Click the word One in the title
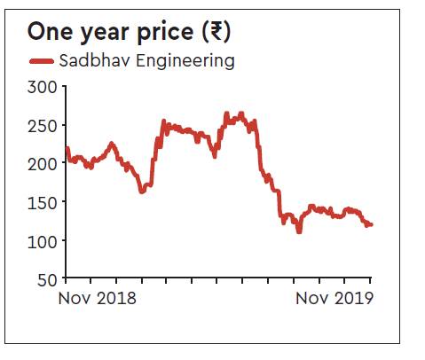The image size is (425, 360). [x=51, y=32]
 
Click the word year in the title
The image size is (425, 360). [x=107, y=33]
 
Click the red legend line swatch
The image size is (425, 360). [x=41, y=61]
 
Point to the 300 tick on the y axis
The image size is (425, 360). [x=43, y=87]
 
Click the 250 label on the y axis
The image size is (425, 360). [x=43, y=126]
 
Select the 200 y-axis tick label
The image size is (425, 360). [x=43, y=164]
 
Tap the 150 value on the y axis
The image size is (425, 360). [x=43, y=202]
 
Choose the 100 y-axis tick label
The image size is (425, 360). [x=43, y=240]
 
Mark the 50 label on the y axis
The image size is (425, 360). [x=47, y=279]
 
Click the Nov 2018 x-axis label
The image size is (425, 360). [x=98, y=298]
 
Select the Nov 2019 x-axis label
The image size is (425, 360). [x=334, y=298]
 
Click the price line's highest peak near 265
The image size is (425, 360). [x=227, y=113]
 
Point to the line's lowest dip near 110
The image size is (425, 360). [x=299, y=231]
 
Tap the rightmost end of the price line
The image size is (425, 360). [x=371, y=224]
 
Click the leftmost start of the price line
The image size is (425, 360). [x=67, y=148]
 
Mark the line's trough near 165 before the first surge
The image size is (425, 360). [x=143, y=191]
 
